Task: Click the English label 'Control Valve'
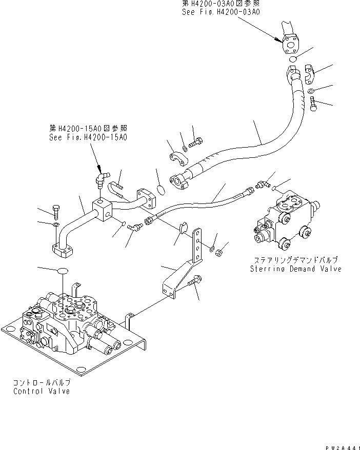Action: pyautogui.click(x=42, y=392)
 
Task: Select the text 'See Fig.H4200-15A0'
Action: pyautogui.click(x=88, y=137)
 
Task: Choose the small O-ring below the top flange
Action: pyautogui.click(x=292, y=59)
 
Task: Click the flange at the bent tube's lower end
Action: pyautogui.click(x=64, y=251)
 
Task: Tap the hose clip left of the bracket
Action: pyautogui.click(x=182, y=228)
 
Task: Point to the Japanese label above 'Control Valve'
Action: pyautogui.click(x=42, y=383)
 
